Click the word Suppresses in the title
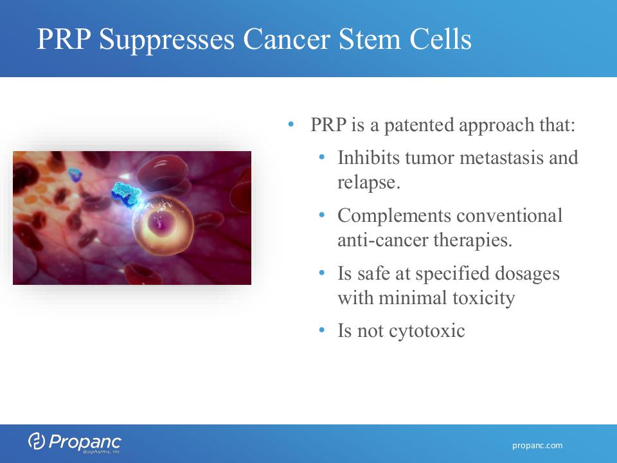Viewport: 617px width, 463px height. click(166, 40)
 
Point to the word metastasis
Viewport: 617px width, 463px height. click(501, 158)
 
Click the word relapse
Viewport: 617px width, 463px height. click(369, 183)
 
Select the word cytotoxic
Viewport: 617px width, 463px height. click(427, 331)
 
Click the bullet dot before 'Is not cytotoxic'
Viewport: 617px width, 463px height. click(322, 329)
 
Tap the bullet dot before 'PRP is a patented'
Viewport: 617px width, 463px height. click(291, 124)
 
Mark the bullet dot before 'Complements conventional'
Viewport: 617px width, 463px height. click(322, 215)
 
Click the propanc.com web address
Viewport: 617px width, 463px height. click(537, 446)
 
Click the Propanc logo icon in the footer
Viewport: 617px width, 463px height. click(36, 441)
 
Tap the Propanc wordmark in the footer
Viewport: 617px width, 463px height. click(85, 442)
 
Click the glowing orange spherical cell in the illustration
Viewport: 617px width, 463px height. click(163, 225)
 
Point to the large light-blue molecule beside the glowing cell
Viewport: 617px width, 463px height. click(127, 194)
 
